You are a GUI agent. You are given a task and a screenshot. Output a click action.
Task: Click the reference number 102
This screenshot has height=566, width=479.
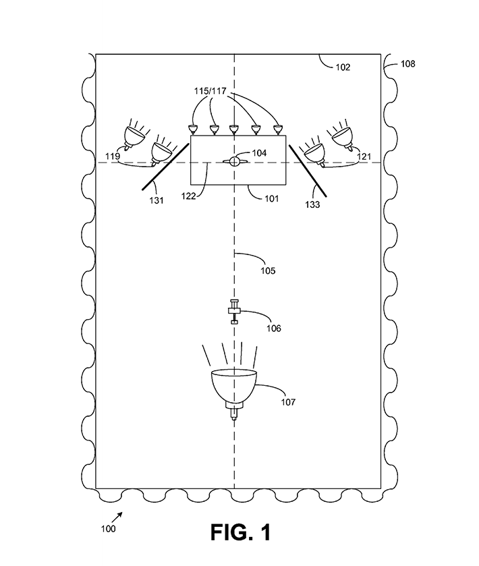[343, 67]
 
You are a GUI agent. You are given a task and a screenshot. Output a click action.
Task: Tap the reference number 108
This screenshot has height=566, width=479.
[408, 64]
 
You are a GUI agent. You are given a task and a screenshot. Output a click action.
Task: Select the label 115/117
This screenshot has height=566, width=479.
[210, 91]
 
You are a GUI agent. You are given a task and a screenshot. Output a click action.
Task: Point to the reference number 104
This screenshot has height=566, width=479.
[259, 153]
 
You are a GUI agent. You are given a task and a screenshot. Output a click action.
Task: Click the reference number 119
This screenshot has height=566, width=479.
[112, 157]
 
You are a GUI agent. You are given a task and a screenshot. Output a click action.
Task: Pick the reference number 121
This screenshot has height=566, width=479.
[364, 157]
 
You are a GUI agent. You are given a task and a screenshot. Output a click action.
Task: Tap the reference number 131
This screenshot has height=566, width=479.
[157, 200]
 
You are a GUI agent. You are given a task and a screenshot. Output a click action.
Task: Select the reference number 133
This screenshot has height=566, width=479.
[312, 204]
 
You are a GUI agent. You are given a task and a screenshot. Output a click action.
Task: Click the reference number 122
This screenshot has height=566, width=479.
[188, 196]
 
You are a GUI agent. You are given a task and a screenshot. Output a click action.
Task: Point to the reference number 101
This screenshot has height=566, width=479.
[271, 198]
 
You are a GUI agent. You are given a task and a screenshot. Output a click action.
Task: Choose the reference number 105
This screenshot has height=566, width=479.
[268, 271]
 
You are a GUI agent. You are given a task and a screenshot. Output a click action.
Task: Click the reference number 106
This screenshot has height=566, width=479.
[274, 329]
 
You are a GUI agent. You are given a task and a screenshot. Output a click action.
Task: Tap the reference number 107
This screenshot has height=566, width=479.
[288, 402]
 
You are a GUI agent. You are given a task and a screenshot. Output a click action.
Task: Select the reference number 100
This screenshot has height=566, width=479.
[108, 529]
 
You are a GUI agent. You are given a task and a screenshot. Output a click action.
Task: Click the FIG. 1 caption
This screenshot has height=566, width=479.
[240, 532]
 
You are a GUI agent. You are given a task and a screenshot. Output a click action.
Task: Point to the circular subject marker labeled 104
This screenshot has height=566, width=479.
[234, 162]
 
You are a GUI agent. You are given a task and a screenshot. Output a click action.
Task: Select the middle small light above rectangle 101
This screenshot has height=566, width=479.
[233, 130]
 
